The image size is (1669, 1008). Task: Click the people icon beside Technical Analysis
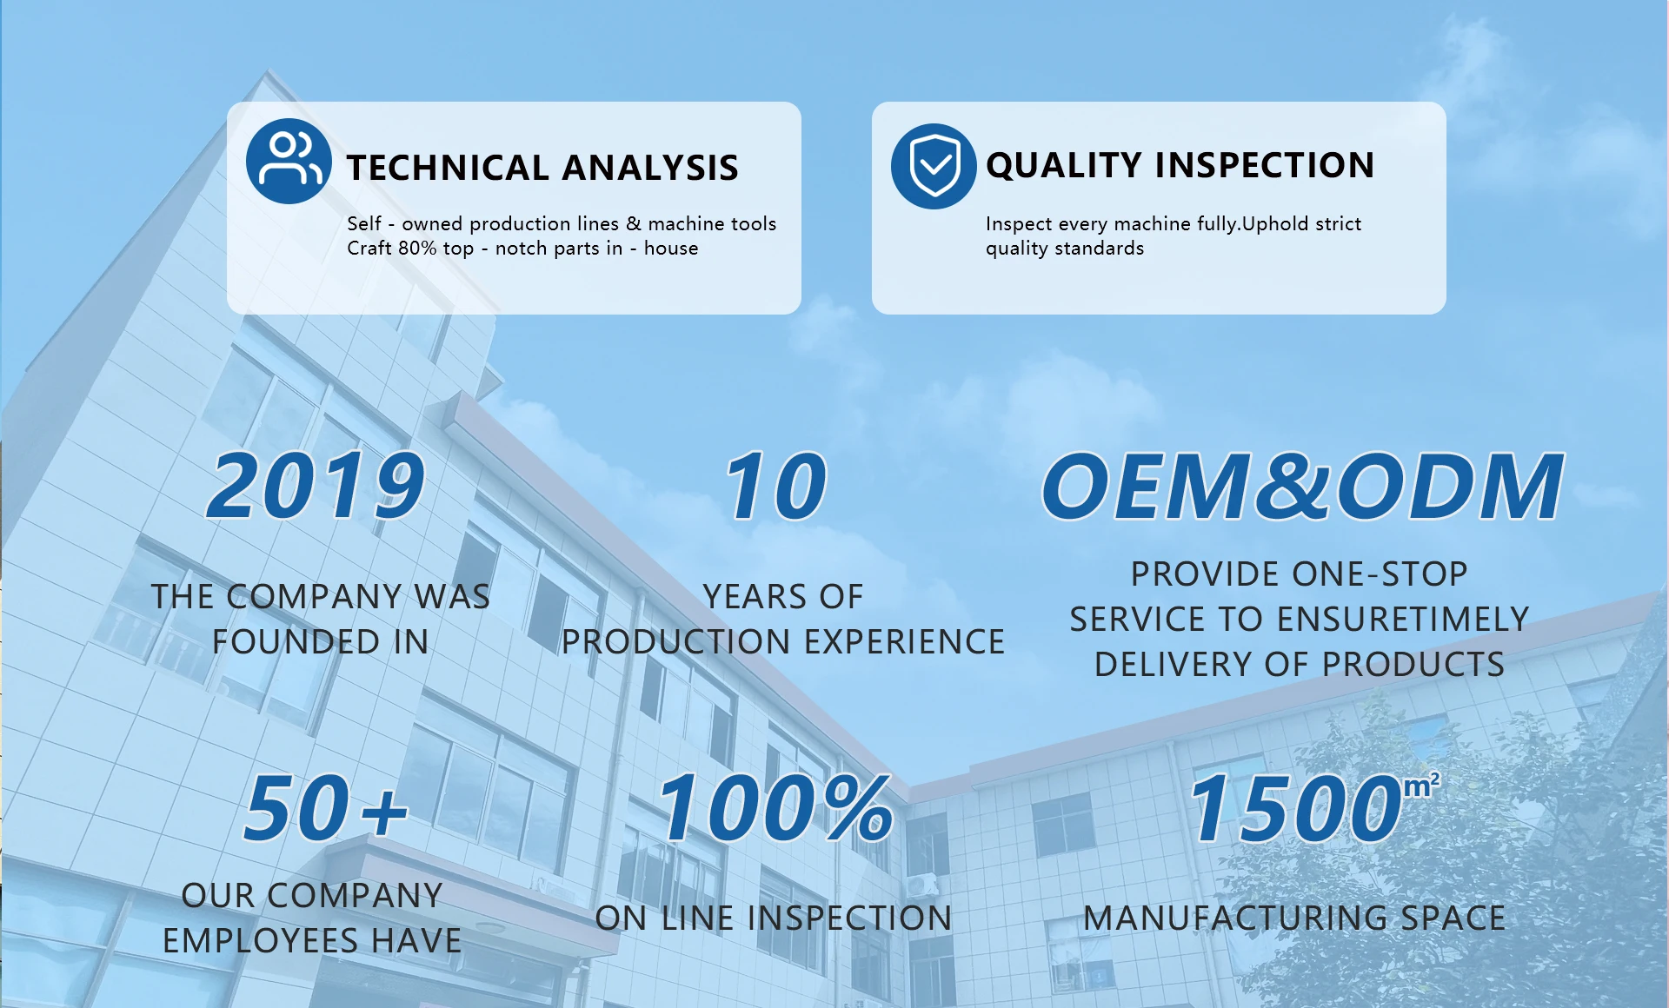click(x=289, y=161)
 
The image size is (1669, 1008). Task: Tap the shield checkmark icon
click(x=934, y=166)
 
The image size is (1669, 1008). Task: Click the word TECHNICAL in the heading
click(x=448, y=168)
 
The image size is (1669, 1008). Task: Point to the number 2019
click(x=316, y=486)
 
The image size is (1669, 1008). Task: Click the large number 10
click(x=776, y=486)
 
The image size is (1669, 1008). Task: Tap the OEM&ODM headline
click(x=1302, y=486)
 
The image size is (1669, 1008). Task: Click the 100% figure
click(x=776, y=808)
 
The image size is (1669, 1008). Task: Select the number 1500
click(x=1296, y=808)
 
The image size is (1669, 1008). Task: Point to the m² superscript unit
click(x=1422, y=786)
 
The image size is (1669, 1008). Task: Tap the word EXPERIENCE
click(x=905, y=642)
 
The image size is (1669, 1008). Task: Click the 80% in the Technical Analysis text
click(x=417, y=249)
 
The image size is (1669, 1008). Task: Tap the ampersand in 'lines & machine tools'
click(x=634, y=224)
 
